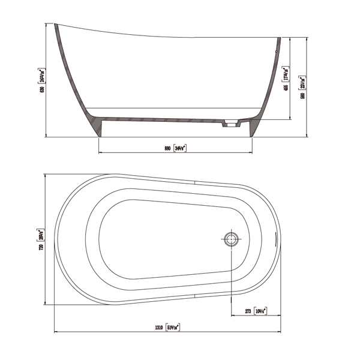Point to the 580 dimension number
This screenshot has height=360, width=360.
pyautogui.click(x=304, y=95)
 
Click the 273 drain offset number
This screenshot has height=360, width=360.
pyautogui.click(x=247, y=311)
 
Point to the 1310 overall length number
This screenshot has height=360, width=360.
pyautogui.click(x=159, y=328)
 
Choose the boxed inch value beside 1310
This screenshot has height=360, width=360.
pyautogui.click(x=173, y=328)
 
